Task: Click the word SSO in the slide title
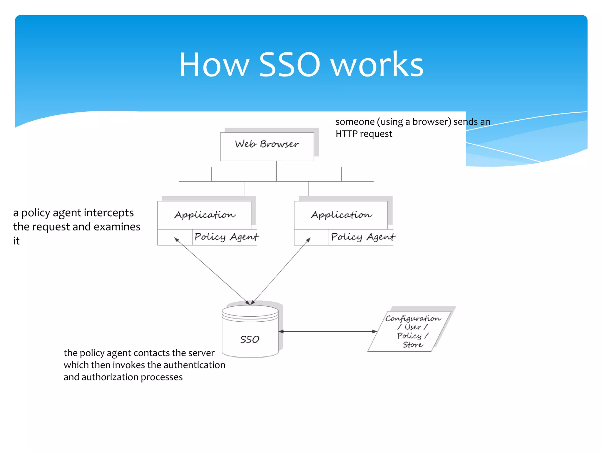[289, 65]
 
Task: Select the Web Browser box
[267, 146]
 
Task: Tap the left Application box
[205, 215]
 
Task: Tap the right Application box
[341, 215]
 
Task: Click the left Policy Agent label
[226, 237]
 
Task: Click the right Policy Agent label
[363, 237]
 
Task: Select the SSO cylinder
[250, 335]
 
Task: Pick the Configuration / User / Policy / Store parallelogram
[412, 331]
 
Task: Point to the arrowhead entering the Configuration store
[374, 331]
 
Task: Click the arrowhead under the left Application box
[177, 240]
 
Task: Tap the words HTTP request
[364, 134]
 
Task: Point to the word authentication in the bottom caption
[194, 365]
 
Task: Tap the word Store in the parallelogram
[413, 345]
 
